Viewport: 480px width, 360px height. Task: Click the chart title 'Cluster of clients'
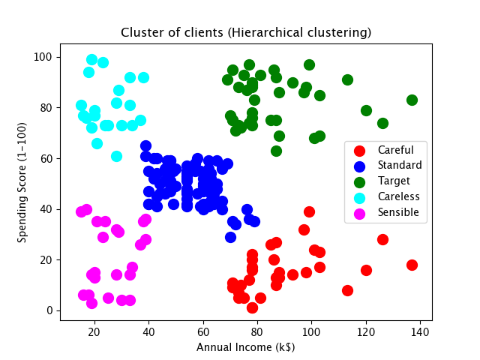coord(246,34)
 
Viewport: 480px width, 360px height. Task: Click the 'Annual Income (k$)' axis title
coord(246,347)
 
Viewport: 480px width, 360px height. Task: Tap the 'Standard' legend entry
coord(399,165)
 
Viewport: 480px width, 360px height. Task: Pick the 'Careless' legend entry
coord(398,196)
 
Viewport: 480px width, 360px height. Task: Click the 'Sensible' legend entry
coord(398,212)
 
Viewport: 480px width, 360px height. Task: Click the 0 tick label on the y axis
coord(49,310)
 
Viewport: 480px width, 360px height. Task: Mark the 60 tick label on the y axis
coord(45,158)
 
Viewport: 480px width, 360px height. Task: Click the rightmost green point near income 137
coord(412,100)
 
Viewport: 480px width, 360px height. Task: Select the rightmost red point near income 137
coord(412,265)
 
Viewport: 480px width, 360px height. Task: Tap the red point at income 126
coord(382,239)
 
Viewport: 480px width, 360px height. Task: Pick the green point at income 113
coord(347,79)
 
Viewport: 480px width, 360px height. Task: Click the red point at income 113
coord(347,290)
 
